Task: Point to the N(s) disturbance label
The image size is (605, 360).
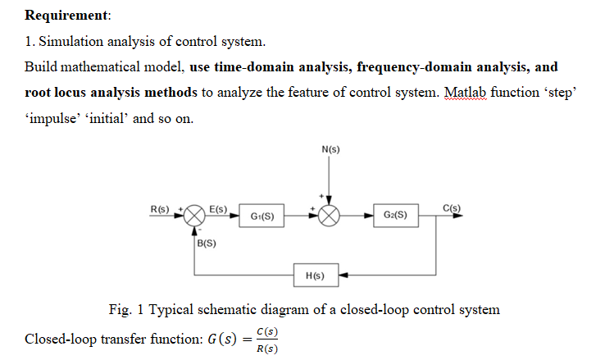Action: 330,150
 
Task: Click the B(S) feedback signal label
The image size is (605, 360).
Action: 207,243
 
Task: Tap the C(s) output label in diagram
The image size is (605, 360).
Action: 451,207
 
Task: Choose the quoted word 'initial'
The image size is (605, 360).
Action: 106,119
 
